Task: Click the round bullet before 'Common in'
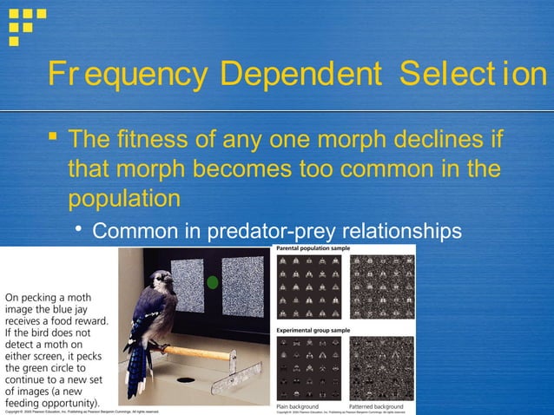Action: point(79,231)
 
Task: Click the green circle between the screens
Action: point(213,282)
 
